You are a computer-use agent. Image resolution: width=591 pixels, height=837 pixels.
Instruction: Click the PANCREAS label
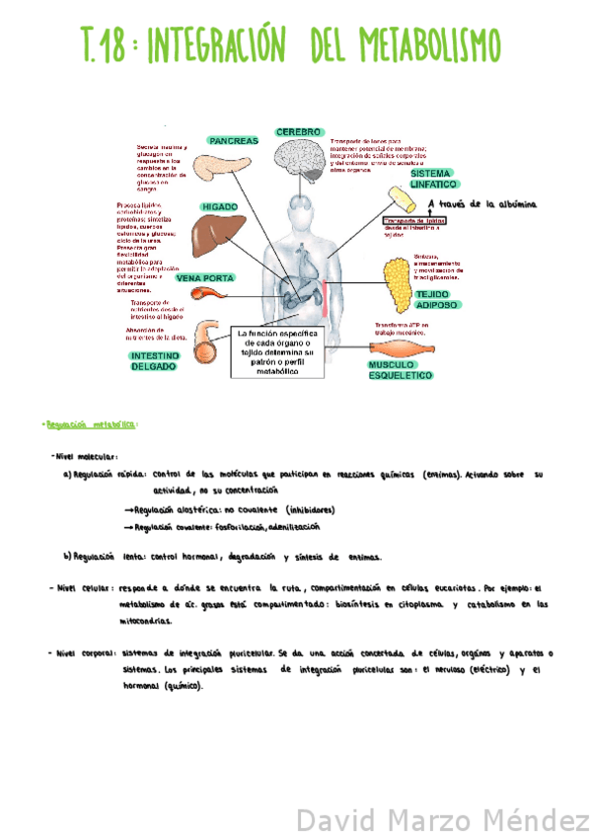[x=233, y=141]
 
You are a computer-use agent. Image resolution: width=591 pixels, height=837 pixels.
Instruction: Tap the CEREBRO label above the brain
[x=298, y=131]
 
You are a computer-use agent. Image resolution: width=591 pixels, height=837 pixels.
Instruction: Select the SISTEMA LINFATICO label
[x=434, y=179]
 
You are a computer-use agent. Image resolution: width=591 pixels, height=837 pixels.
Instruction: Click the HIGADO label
[x=219, y=207]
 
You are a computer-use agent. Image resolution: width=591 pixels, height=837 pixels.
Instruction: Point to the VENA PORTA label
[x=205, y=278]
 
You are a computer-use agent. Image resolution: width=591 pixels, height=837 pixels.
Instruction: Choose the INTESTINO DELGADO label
[x=154, y=360]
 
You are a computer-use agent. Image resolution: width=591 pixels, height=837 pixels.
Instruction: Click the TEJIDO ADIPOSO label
[x=436, y=300]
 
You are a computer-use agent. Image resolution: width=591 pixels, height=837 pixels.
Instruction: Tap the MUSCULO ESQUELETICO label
[x=401, y=370]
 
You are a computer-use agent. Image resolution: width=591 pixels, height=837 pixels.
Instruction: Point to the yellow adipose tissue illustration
[x=397, y=280]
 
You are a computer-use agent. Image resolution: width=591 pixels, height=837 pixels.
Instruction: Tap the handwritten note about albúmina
[x=483, y=205]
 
